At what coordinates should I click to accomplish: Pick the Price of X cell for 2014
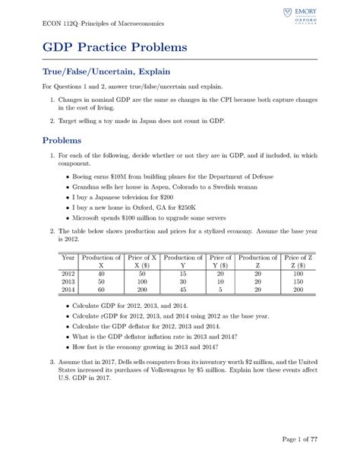[142, 290]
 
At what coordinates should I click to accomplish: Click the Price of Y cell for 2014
[219, 290]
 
